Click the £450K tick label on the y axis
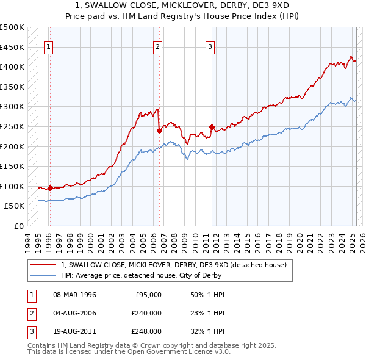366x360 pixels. click(x=12, y=47)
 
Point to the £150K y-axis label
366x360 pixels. click(x=12, y=166)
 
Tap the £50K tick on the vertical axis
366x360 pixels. click(x=15, y=206)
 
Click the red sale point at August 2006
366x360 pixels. click(x=159, y=130)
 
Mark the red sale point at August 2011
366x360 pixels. click(x=212, y=127)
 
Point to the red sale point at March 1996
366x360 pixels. click(x=50, y=188)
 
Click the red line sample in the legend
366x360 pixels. click(x=43, y=265)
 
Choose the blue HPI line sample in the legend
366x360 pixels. click(x=43, y=275)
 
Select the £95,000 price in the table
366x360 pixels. click(x=148, y=295)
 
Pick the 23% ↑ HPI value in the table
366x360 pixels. click(x=203, y=313)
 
